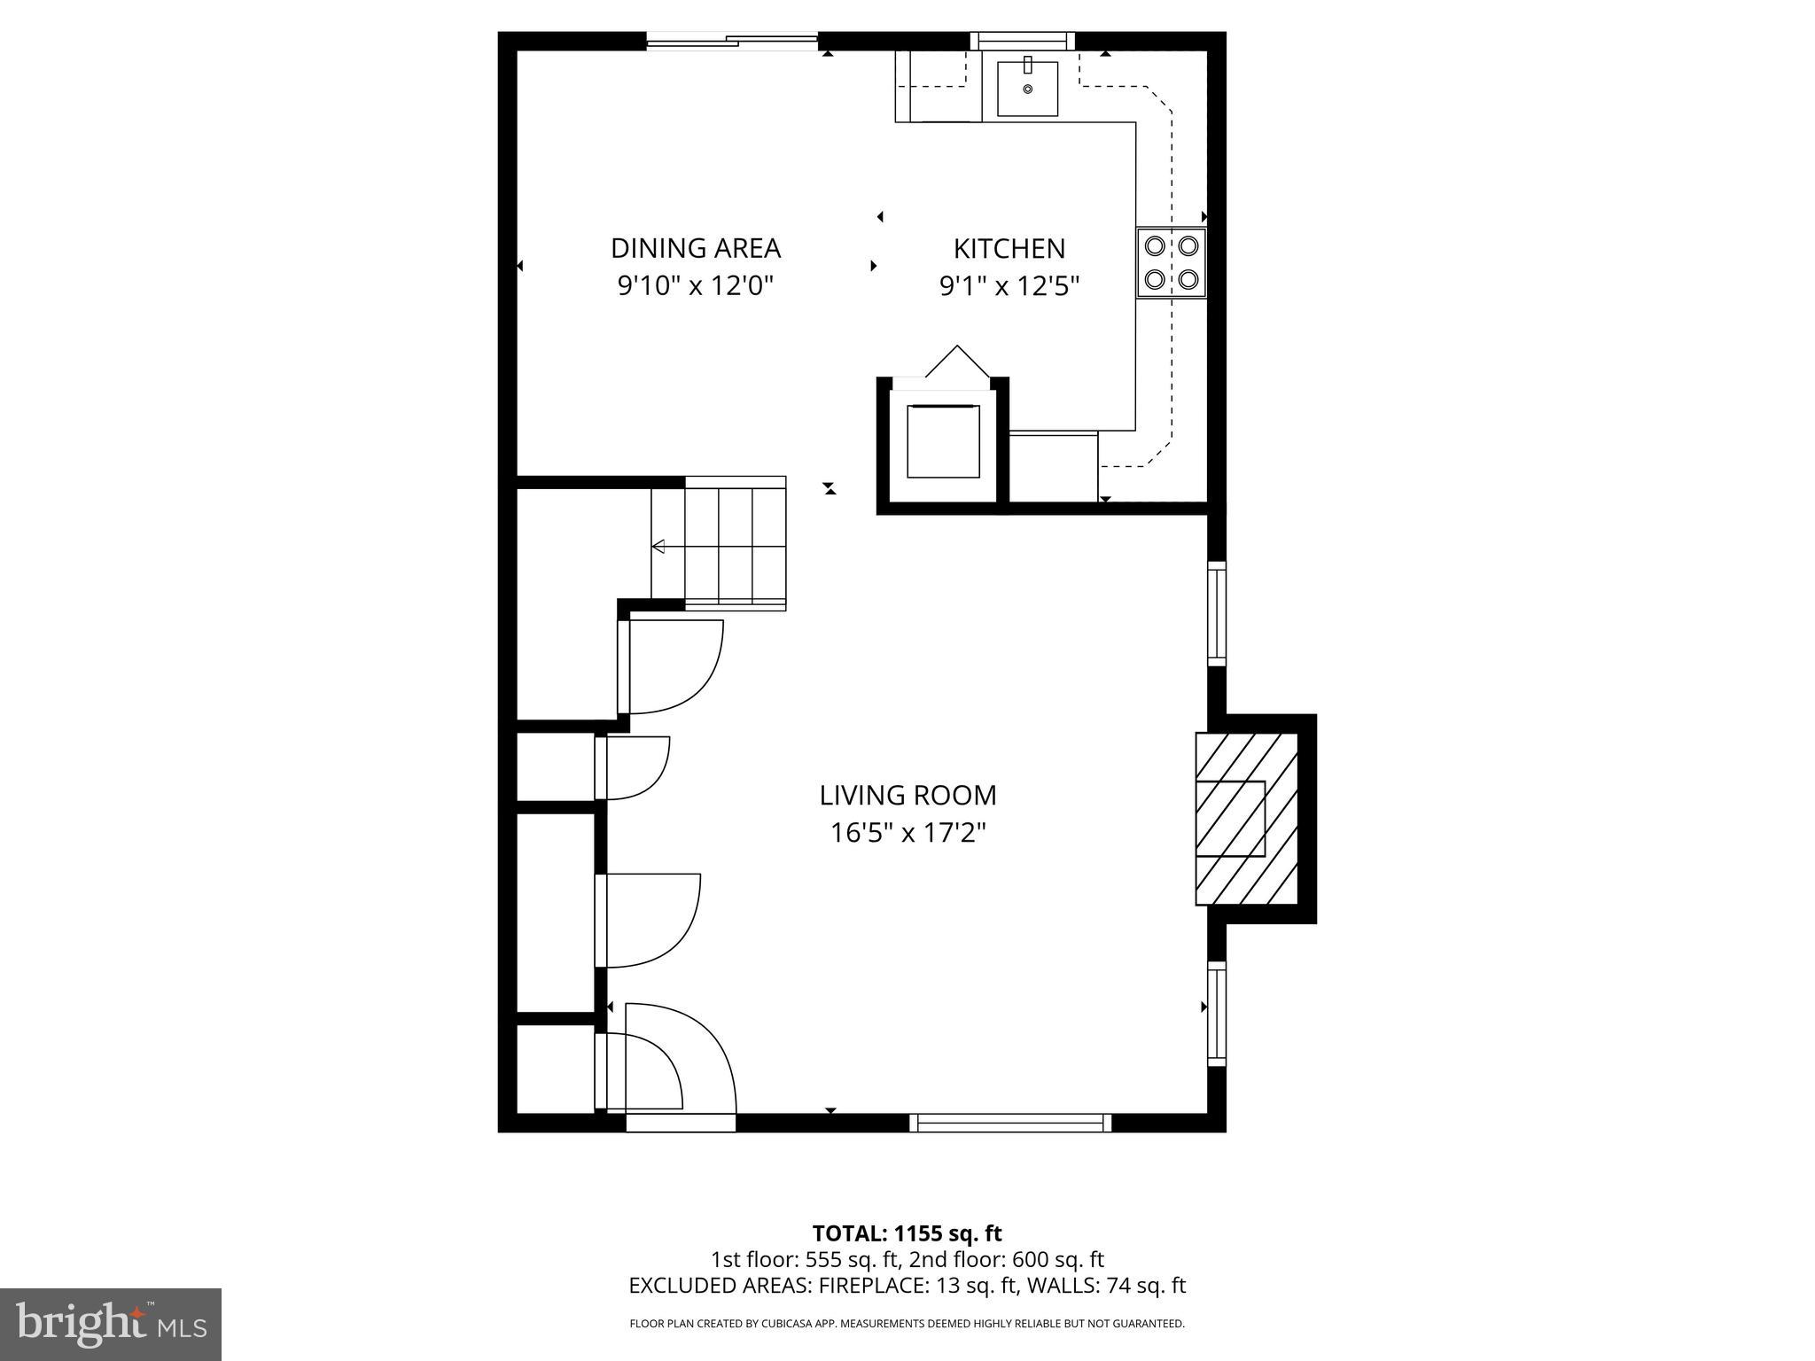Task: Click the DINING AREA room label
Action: (696, 247)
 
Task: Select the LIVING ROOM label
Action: (907, 795)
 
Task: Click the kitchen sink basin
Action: (1027, 89)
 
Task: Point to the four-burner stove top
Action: (1171, 262)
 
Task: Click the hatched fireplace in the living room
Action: (1245, 819)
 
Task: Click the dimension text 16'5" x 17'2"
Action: (907, 833)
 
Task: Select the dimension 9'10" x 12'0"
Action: (696, 286)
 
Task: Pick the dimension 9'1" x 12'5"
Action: (1009, 286)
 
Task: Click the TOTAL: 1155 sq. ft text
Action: (907, 1233)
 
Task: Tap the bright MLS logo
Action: (111, 1325)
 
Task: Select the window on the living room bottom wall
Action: (1010, 1123)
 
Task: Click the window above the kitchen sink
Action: (1022, 41)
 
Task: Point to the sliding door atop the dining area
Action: (731, 41)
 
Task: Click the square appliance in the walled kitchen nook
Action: (943, 440)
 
